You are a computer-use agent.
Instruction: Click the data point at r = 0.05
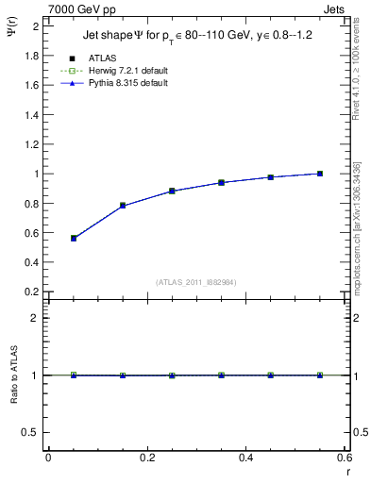74,239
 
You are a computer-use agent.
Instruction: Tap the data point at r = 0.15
123,206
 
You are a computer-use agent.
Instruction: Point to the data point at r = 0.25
172,191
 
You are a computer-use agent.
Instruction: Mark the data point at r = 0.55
320,174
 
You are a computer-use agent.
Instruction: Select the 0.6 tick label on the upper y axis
32,233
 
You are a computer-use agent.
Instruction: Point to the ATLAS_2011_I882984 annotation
196,282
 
